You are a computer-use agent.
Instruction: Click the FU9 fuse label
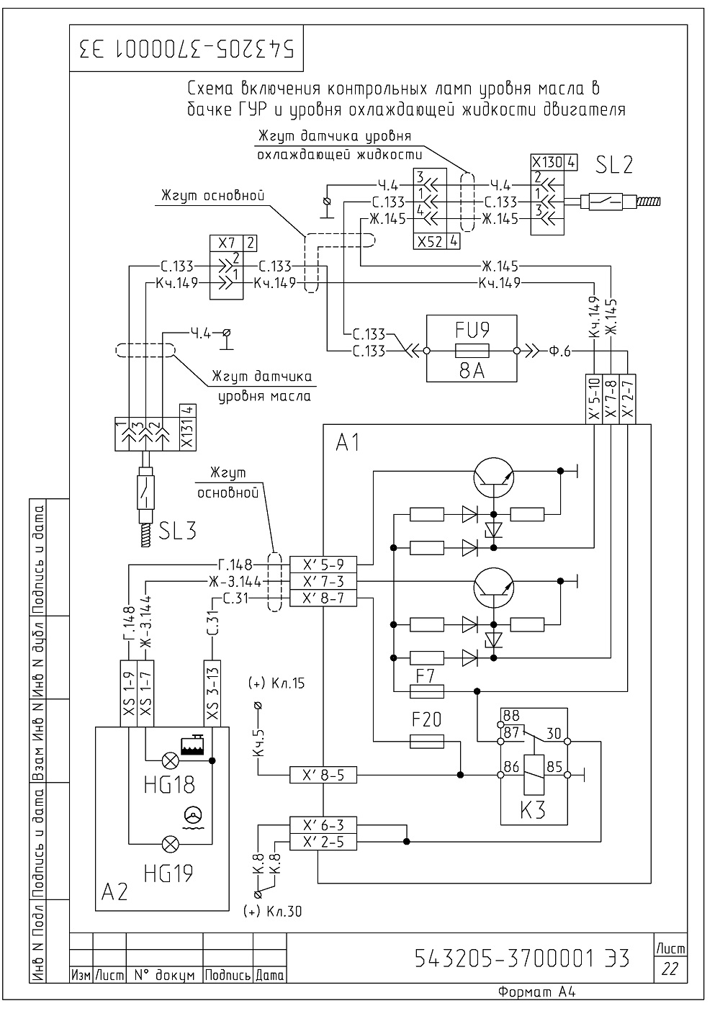coord(472,331)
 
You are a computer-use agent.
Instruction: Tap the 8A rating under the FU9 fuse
coord(472,371)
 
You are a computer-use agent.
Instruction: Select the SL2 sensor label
coord(614,165)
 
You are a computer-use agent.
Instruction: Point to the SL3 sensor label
coord(177,531)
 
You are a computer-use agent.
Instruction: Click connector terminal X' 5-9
coord(323,565)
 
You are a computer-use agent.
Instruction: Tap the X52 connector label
coord(430,242)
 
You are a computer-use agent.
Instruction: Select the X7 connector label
coord(227,243)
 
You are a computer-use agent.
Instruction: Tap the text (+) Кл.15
coord(276,683)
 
